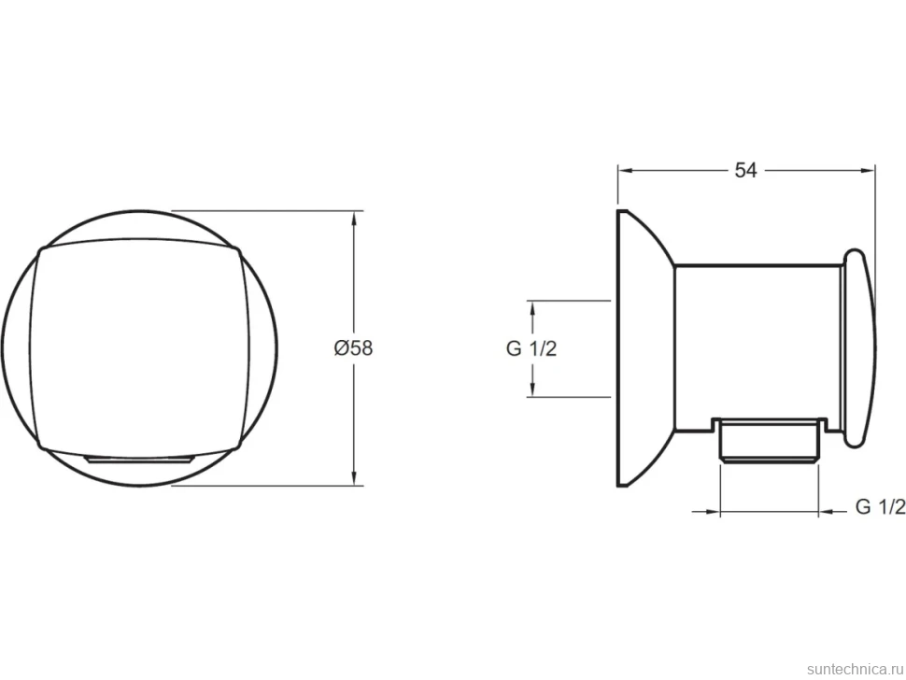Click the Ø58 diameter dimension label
(x=354, y=347)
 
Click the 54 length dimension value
(x=745, y=170)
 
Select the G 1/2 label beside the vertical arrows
(x=531, y=349)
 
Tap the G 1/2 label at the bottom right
(x=881, y=506)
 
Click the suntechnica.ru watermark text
(x=855, y=669)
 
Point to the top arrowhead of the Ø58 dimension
(x=354, y=218)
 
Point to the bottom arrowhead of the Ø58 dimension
(x=354, y=478)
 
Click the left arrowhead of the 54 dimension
(x=626, y=170)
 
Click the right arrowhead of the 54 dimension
(x=868, y=170)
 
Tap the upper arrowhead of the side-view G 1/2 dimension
(x=532, y=308)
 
